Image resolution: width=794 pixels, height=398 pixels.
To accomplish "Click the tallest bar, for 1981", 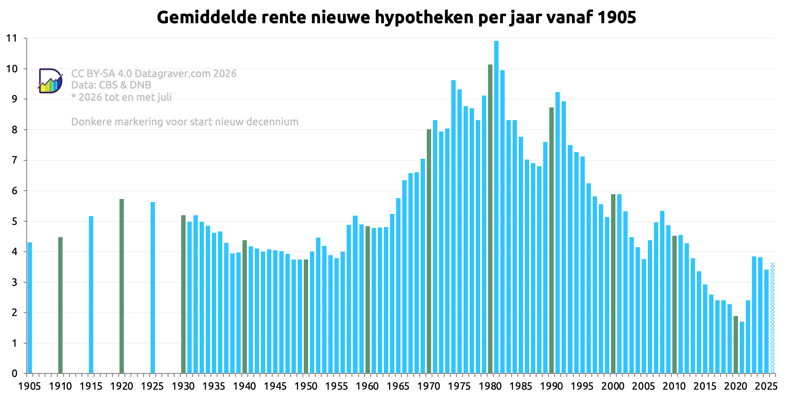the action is (x=496, y=207).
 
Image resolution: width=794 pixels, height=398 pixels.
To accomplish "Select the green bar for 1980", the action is (x=490, y=219).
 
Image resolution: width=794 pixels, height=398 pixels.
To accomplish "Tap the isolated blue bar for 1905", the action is (x=30, y=308).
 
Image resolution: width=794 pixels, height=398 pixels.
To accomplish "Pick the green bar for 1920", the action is (x=122, y=286).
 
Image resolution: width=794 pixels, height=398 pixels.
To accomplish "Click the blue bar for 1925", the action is (x=153, y=288).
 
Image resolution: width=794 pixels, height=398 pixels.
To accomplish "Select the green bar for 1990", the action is (x=552, y=240).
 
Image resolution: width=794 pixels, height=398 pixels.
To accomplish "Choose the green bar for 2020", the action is (x=736, y=345).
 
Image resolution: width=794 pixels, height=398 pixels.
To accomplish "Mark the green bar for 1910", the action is (x=60, y=305).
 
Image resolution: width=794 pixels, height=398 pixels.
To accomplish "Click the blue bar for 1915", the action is (x=91, y=295).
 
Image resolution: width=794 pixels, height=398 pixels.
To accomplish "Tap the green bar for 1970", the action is (x=429, y=251).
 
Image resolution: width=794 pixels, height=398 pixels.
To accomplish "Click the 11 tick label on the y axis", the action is (x=12, y=39).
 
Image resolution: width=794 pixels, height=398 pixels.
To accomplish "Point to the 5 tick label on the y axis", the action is (x=14, y=221).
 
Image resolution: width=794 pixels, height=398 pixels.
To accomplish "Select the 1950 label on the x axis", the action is (x=306, y=386).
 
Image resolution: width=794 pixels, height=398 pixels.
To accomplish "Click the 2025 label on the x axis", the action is (x=766, y=386).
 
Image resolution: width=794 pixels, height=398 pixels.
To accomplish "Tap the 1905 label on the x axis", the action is (x=30, y=386).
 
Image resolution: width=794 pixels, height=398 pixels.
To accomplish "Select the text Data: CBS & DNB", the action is (x=111, y=85).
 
